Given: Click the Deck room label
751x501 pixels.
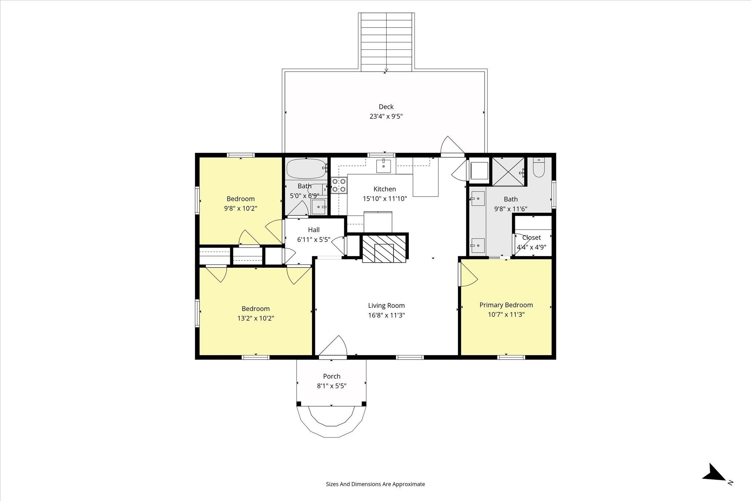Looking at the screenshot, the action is coord(386,107).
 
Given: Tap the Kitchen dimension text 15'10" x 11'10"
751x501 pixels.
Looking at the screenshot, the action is coord(385,199).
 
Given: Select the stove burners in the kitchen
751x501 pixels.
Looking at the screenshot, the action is coord(339,185).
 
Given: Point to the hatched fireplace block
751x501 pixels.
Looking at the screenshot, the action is coord(384,249).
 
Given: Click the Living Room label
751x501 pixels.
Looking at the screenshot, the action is coord(387,306).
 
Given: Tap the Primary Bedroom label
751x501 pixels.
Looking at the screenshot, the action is coord(506,305).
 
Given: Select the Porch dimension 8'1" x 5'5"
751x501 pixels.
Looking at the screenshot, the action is coord(331,386).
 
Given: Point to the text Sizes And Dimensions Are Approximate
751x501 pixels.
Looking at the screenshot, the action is coord(375,484).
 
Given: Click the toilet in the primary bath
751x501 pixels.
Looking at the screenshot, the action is coord(539,168).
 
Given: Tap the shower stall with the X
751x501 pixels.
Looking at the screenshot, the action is coord(509,172).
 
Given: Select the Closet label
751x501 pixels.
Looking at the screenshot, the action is coord(531,237).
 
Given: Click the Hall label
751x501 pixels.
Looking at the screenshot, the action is coord(314,230).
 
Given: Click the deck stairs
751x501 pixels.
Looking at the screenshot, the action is coord(387,42).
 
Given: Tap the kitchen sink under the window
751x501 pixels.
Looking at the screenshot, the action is coord(384,166).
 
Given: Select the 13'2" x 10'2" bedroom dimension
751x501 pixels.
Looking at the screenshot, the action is coord(256,318).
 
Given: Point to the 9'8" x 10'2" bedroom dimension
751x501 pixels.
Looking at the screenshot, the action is coord(241,208).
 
